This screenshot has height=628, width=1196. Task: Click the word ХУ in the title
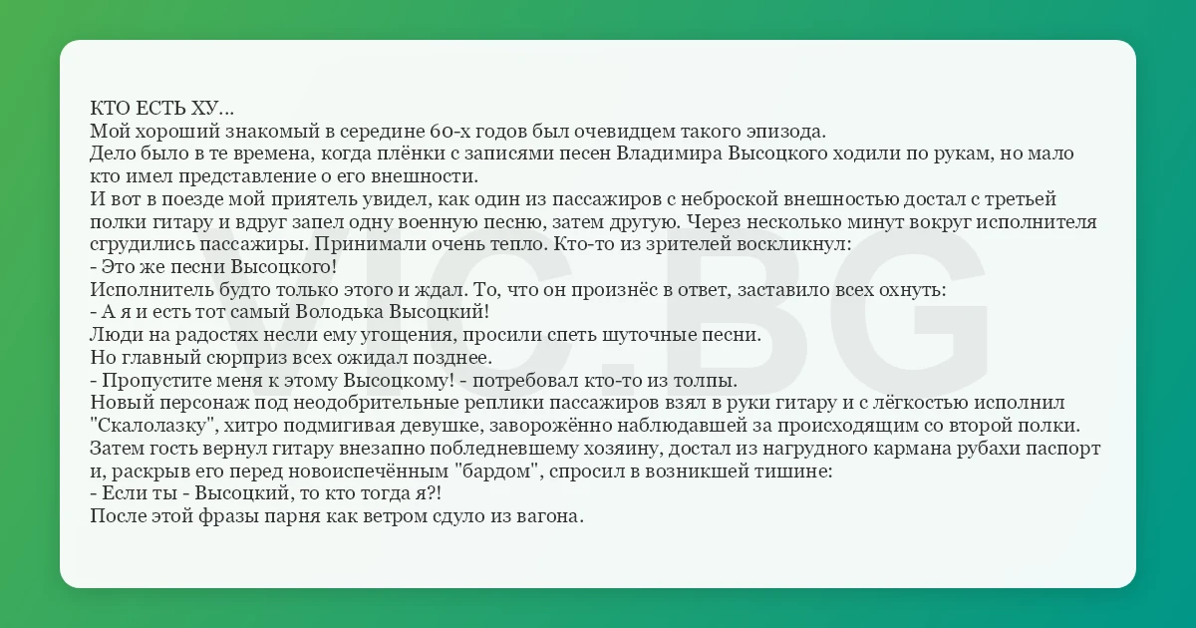[204, 109]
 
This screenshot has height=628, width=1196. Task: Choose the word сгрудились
[142, 244]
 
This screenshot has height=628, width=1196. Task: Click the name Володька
[339, 312]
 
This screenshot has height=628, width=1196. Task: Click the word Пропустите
[157, 380]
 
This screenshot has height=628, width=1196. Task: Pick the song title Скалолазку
[154, 426]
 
